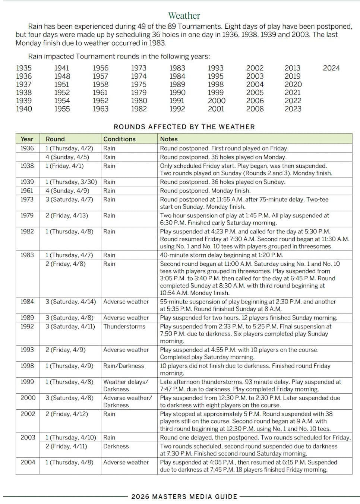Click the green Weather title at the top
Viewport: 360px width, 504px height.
click(x=184, y=16)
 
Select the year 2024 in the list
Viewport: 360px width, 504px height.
click(x=331, y=68)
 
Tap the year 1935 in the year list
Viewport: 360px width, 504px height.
click(x=24, y=68)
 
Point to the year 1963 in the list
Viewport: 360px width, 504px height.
click(x=101, y=109)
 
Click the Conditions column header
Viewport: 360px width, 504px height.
click(x=119, y=139)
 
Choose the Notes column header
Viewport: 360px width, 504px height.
click(x=169, y=139)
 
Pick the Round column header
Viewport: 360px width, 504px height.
click(x=55, y=139)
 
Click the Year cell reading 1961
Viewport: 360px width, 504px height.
click(x=27, y=190)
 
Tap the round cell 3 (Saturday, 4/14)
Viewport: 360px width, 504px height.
click(x=71, y=302)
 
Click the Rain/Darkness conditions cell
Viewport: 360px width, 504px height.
click(x=124, y=366)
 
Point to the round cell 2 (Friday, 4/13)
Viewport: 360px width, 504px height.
click(x=67, y=215)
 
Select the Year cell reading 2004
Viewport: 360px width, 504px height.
click(x=28, y=462)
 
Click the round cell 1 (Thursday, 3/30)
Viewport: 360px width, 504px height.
click(x=71, y=182)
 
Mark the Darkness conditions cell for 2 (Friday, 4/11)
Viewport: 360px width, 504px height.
click(x=116, y=446)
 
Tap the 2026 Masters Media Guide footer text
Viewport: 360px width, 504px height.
click(x=184, y=497)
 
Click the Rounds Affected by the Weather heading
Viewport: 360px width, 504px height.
click(x=184, y=127)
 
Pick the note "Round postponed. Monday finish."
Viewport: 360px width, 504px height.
click(x=205, y=190)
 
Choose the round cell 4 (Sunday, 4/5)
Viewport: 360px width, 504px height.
click(x=67, y=157)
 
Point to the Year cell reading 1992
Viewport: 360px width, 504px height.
click(x=27, y=327)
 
